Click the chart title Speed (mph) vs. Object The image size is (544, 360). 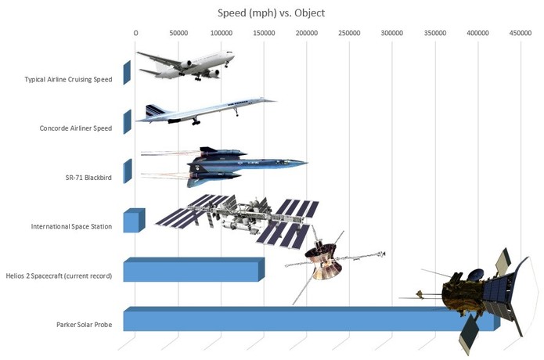coord(272,13)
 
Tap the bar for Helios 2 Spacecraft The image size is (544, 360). coord(192,270)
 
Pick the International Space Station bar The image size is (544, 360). coord(133,221)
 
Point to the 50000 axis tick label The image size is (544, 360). coord(178,33)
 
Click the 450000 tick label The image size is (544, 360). coord(520,33)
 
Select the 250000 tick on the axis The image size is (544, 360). coord(349,33)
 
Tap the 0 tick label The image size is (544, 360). coord(136,33)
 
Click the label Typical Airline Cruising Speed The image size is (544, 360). coord(68,79)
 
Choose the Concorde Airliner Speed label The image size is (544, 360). coord(75,128)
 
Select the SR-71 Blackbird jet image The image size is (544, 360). coord(235,165)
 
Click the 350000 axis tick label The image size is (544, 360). coord(434,33)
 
